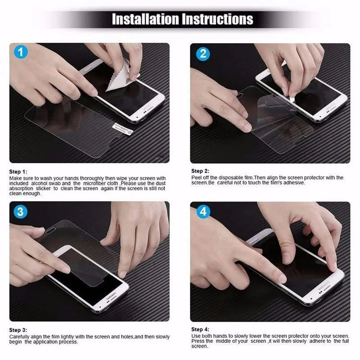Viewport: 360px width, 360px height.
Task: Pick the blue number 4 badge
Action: tap(203, 211)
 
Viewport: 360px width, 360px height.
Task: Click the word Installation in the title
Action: tap(145, 19)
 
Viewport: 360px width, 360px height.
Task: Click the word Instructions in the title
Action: tap(217, 19)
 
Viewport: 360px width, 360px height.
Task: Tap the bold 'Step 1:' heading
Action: tap(18, 172)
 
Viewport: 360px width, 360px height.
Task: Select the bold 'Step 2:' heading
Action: tap(200, 171)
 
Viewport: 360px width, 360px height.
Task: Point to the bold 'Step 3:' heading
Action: tap(18, 330)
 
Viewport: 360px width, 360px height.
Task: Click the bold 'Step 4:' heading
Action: tap(200, 329)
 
